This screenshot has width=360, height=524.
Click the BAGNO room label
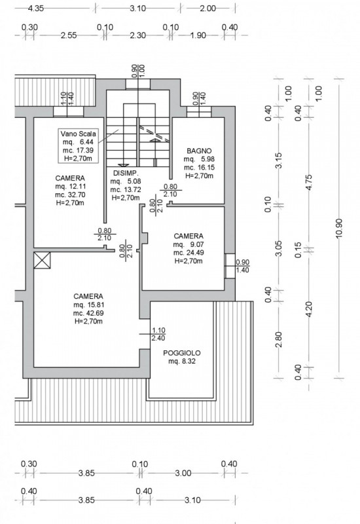tap(199, 151)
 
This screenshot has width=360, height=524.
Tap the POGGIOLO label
tap(182, 353)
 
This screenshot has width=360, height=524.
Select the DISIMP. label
tap(126, 173)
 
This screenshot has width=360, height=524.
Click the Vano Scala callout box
tap(79, 145)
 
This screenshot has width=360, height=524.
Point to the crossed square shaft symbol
tap(42, 260)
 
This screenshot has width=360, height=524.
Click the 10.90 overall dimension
tap(339, 229)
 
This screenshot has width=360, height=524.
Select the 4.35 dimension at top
tap(36, 8)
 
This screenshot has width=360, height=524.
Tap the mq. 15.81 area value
tap(88, 305)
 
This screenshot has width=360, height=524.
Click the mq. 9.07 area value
tap(189, 244)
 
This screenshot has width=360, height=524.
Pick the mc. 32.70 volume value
tap(70, 195)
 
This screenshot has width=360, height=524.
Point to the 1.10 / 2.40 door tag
tap(158, 334)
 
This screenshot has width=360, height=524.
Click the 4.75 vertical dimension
tap(309, 183)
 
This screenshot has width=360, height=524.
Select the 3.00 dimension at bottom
tap(183, 473)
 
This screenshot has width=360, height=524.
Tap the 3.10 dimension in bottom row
tap(192, 500)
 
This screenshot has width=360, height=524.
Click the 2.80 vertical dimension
tap(279, 339)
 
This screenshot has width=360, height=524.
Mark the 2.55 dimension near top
tap(69, 35)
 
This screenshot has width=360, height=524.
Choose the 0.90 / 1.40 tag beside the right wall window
tap(242, 267)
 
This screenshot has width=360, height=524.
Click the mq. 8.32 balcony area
tap(182, 362)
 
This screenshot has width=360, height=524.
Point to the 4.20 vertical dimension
tap(309, 309)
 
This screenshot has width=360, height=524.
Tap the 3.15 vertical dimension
tap(279, 160)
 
